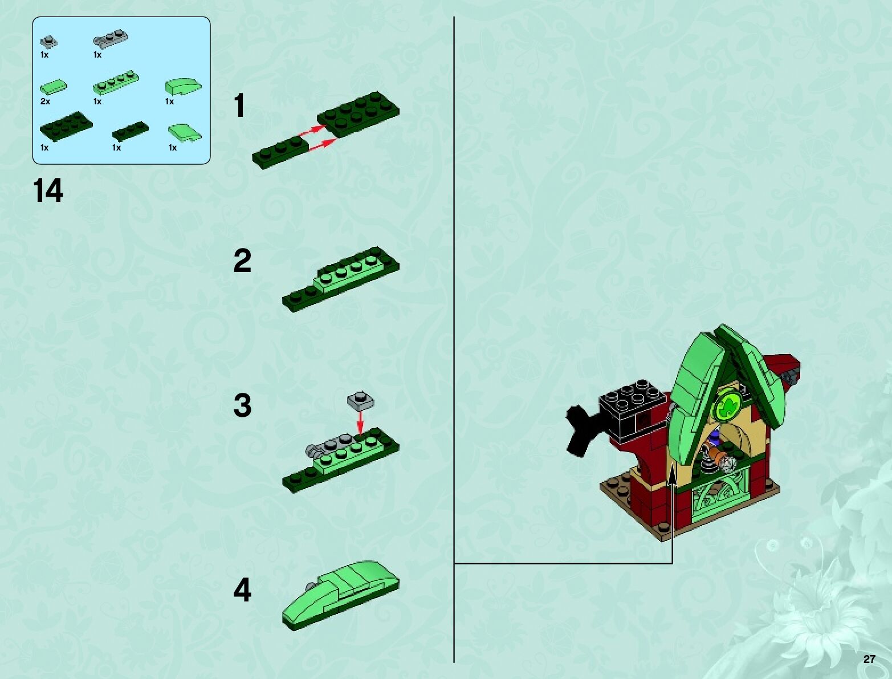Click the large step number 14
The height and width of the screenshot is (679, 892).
48,190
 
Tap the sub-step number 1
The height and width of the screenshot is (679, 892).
239,105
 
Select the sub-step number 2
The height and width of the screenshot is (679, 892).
242,261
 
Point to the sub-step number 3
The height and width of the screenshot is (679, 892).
242,405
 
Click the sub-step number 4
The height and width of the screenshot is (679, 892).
242,589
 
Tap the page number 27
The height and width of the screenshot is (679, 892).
869,659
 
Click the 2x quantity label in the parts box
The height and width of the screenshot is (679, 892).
45,101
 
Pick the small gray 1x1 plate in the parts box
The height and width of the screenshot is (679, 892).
49,42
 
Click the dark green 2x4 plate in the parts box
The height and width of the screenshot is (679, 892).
66,127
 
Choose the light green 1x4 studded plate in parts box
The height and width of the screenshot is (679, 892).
116,83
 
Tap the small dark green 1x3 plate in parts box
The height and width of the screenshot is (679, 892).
131,131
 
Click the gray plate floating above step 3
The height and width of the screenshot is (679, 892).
360,400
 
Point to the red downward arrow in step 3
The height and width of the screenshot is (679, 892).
360,422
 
